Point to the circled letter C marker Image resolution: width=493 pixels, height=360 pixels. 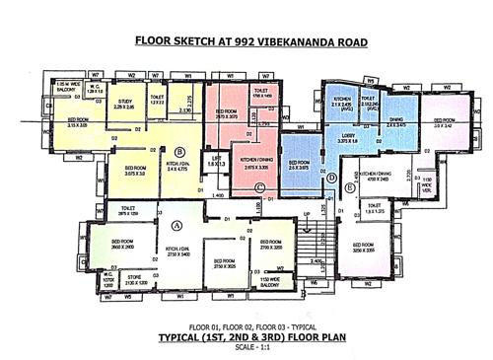[x=259, y=187]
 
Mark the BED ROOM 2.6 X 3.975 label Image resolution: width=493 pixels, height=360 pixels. [x=299, y=164]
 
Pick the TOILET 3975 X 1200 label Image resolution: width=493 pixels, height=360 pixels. [x=128, y=209]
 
